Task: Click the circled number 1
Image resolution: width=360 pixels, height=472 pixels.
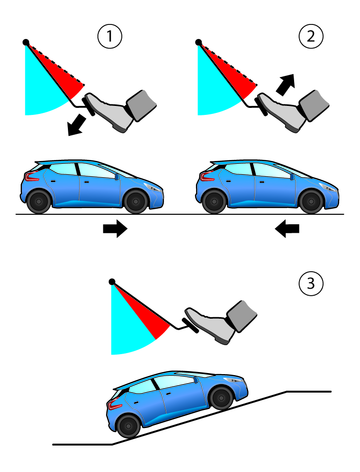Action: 110,36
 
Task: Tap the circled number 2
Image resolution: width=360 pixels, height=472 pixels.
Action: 311,36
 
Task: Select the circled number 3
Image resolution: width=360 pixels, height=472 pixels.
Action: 311,284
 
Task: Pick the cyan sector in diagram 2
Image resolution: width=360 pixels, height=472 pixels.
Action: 213,87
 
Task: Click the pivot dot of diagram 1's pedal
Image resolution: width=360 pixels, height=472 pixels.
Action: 26,42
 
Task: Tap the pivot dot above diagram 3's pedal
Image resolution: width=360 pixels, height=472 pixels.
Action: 112,282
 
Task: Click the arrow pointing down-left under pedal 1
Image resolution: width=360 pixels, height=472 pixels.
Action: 76,125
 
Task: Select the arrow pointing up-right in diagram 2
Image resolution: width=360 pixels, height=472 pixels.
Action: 286,84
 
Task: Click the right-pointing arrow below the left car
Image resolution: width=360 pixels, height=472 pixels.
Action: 115,229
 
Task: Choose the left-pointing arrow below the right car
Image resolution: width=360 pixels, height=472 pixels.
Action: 287,229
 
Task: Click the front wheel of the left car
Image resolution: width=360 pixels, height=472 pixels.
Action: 135,201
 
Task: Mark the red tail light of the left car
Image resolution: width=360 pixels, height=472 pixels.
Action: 31,177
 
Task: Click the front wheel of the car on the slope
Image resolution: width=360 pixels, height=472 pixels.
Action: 221,398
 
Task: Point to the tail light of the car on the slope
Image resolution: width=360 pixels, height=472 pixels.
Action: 115,405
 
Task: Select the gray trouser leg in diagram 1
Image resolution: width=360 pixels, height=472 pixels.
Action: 142,105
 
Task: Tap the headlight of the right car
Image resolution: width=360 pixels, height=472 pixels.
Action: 328,188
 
